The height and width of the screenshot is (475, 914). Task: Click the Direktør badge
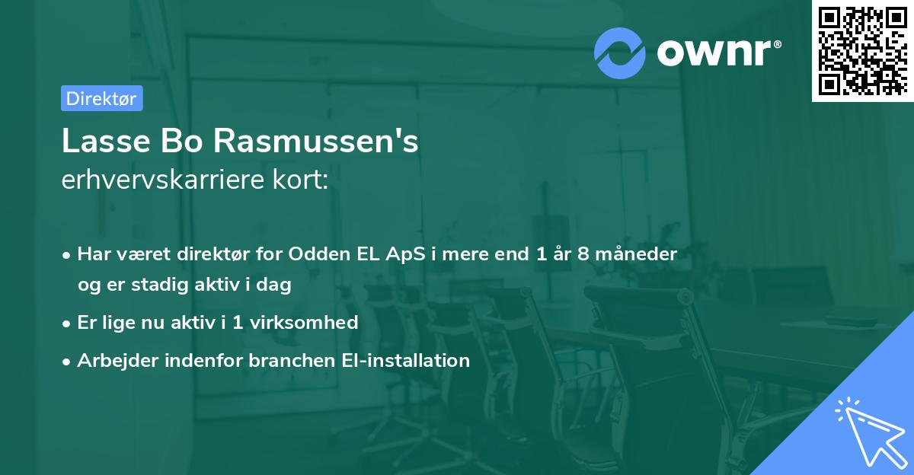(x=101, y=98)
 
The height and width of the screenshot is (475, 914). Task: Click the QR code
(x=863, y=51)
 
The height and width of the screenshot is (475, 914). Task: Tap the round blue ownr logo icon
(x=619, y=53)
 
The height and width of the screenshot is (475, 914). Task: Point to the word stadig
(x=158, y=285)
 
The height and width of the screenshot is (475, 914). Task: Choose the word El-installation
(x=402, y=360)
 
